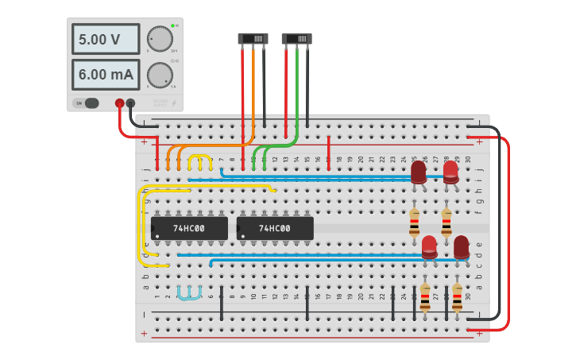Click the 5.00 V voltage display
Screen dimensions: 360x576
(x=106, y=39)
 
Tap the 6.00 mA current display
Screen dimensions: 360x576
(x=106, y=75)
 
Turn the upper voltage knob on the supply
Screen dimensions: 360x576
(x=160, y=38)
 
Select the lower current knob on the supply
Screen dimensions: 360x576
(x=160, y=75)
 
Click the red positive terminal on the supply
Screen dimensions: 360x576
(x=120, y=103)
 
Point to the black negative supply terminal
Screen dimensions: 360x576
(x=130, y=103)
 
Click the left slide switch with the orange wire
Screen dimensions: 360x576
(x=253, y=38)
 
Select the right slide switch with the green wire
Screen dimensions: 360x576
(x=296, y=38)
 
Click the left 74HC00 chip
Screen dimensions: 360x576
(x=189, y=228)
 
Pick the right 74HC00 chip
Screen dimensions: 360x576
(x=274, y=228)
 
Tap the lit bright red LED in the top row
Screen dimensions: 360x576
(x=450, y=172)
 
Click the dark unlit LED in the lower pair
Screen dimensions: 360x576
(x=461, y=246)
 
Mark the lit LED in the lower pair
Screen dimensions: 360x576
(x=429, y=246)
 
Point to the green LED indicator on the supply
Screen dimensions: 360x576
(x=172, y=26)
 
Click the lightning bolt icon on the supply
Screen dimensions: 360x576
(x=174, y=103)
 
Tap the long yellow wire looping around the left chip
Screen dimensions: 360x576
(x=141, y=226)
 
